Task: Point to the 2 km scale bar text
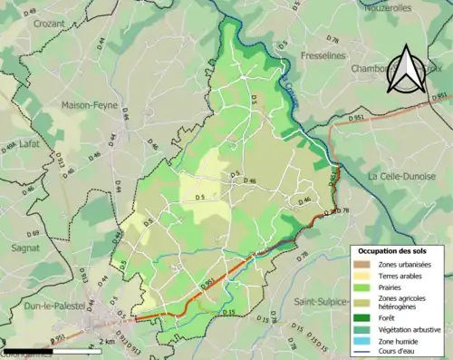point(107,342)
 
